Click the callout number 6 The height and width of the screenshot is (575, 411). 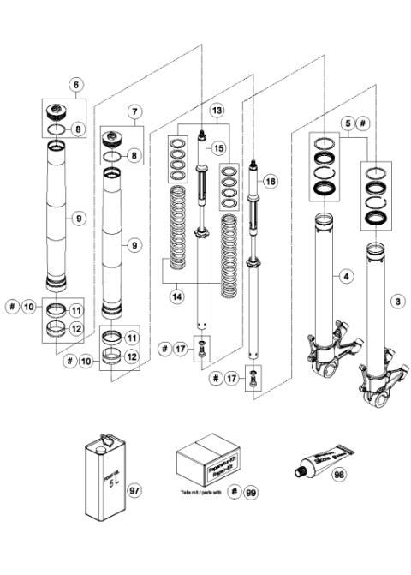tap(76, 85)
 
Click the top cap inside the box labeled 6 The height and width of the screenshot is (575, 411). tap(62, 111)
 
